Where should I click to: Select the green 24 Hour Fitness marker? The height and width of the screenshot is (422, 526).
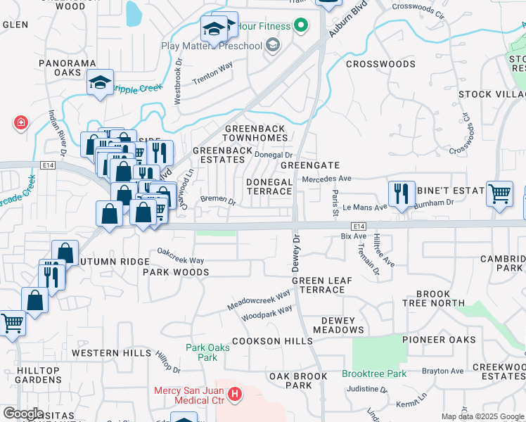(x=302, y=27)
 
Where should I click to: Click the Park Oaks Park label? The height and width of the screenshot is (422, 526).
(x=202, y=352)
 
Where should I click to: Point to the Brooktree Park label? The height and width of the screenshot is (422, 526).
(x=374, y=373)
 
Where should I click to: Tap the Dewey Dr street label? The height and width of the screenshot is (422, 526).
(x=296, y=251)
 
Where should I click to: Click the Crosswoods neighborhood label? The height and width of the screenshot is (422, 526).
(x=380, y=64)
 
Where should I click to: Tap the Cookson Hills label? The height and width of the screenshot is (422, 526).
(x=272, y=341)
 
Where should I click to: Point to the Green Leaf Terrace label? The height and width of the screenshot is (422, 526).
(x=322, y=285)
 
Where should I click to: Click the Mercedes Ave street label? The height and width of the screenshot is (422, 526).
(x=326, y=179)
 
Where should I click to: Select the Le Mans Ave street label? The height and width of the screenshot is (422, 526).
(x=365, y=207)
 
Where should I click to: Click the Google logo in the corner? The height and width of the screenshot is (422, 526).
(x=23, y=414)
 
